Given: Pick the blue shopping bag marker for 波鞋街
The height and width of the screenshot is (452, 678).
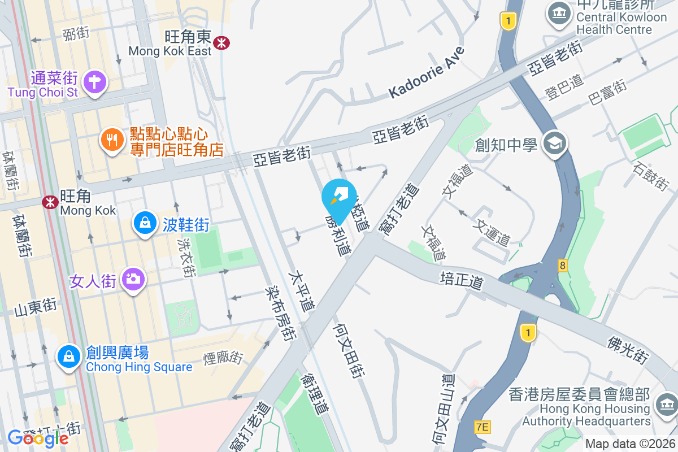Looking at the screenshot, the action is point(145,224).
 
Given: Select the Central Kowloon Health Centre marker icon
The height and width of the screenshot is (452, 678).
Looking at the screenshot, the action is point(558,15).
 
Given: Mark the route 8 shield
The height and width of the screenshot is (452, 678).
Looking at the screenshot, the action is point(562,264).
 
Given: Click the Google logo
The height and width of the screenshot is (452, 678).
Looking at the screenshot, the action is point(38,438).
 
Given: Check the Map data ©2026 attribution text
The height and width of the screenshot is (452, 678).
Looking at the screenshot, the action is point(629,444).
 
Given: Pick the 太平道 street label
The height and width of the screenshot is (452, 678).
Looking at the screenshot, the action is point(301,291).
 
